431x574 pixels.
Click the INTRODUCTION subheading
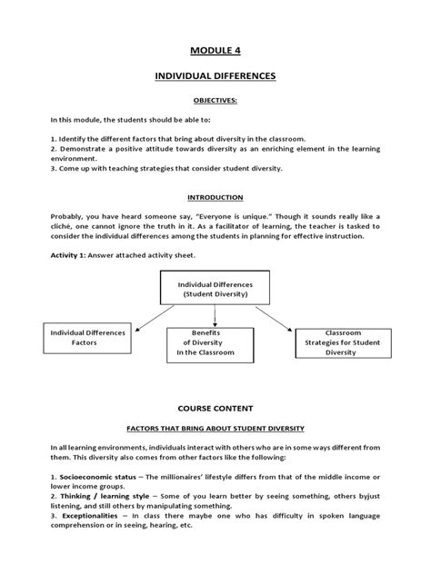[215, 196]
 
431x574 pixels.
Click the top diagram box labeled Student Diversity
[215, 289]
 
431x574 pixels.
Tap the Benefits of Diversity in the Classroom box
[215, 345]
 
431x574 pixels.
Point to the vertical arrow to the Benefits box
[215, 316]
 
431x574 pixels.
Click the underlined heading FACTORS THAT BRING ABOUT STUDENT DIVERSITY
[215, 426]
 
